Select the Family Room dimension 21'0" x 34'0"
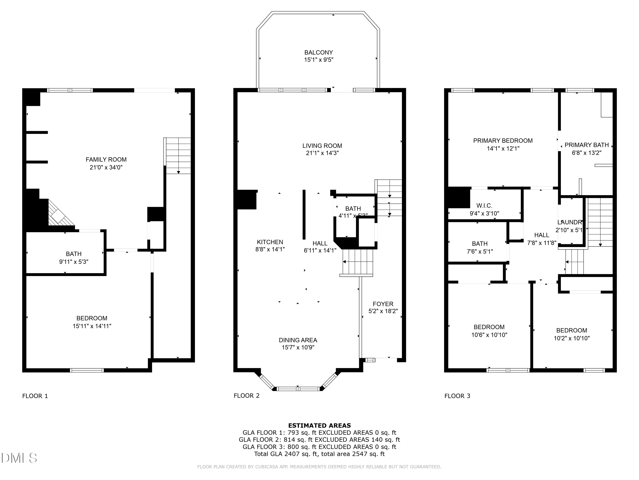(106, 167)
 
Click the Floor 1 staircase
(178, 156)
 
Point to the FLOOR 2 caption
(246, 396)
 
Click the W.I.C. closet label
(484, 206)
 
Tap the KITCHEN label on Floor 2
(270, 242)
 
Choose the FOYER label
(383, 304)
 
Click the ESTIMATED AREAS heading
(319, 425)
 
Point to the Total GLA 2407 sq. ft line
(319, 454)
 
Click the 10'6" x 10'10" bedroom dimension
(489, 335)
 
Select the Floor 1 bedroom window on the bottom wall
(87, 370)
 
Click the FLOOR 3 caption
(457, 396)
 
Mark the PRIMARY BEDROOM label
(503, 141)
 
